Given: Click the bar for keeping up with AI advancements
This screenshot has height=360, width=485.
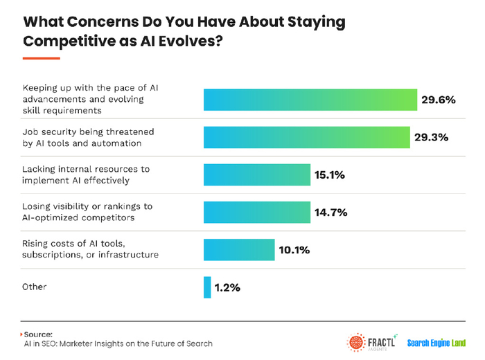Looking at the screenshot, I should coord(310,100).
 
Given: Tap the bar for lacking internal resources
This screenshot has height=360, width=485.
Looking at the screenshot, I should coord(256,174).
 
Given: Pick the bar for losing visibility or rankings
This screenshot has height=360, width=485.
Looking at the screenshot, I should coord(256,212).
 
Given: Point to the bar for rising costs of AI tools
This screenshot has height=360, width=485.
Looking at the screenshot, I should coord(238,249).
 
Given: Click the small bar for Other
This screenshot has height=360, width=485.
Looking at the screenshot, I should coord(207,287).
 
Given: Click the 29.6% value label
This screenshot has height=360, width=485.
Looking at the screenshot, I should coord(438,100).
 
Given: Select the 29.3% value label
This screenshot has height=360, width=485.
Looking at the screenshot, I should coord(431,137).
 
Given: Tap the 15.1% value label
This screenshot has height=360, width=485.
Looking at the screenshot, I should coord(330,174).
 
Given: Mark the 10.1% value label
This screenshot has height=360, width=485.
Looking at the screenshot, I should coord(294,249).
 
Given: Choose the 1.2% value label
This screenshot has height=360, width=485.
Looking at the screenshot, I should coord(227,287).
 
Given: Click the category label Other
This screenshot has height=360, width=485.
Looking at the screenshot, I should coord(35,287).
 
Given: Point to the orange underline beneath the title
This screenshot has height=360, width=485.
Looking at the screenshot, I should coord(42,57).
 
